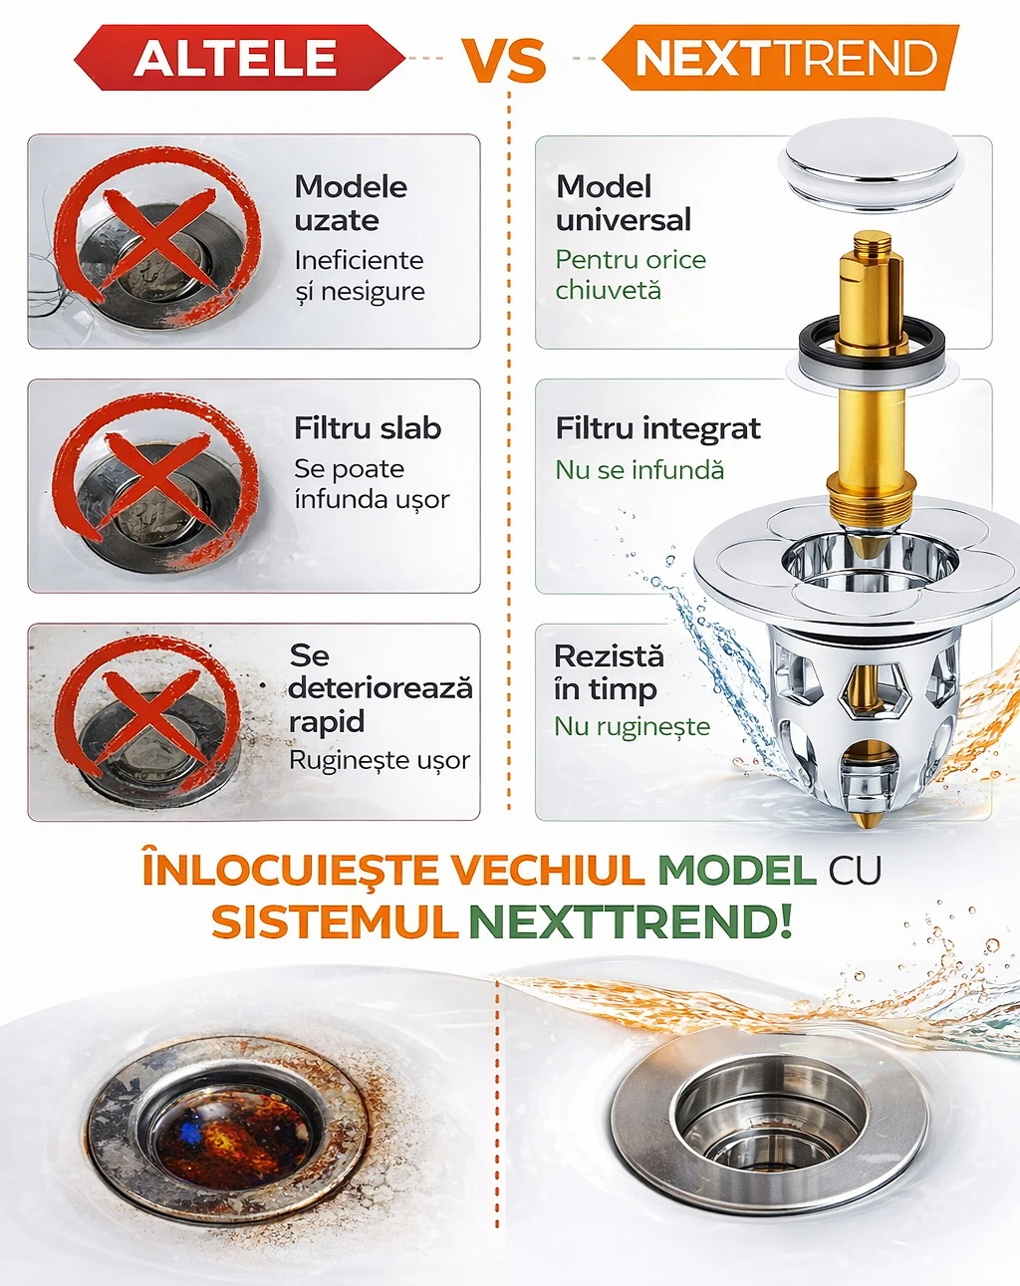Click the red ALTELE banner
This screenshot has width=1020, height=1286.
click(x=239, y=58)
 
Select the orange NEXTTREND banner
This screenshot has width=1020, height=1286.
click(x=781, y=58)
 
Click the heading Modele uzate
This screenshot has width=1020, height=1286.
click(x=351, y=204)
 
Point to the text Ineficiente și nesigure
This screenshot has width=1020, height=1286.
click(x=360, y=276)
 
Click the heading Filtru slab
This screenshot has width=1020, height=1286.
click(x=368, y=428)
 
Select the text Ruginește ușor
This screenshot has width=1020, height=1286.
click(x=380, y=761)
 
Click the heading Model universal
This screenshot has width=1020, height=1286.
click(x=624, y=203)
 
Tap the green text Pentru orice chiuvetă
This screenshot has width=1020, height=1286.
click(x=631, y=275)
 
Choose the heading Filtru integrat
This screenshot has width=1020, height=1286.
click(x=657, y=428)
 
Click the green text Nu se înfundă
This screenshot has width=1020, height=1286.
click(x=639, y=470)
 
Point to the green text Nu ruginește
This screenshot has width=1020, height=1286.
click(x=633, y=726)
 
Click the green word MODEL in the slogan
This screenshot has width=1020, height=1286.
click(x=737, y=871)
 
